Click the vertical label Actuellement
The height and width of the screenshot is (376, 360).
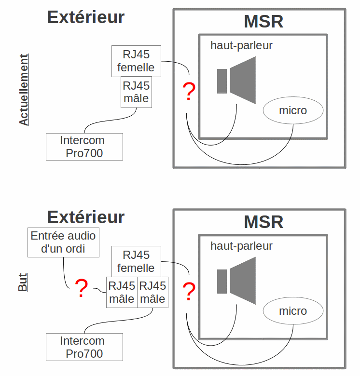click(24, 90)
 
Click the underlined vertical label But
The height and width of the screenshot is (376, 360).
click(23, 282)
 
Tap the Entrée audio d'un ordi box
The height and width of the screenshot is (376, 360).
click(63, 242)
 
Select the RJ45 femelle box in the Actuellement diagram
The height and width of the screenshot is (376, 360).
click(136, 61)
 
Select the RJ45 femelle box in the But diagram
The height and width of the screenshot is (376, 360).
click(136, 261)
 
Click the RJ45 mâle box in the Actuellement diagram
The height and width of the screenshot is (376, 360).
click(136, 92)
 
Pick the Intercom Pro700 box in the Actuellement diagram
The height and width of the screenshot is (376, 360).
click(84, 147)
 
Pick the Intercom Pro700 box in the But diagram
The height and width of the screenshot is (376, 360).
click(84, 347)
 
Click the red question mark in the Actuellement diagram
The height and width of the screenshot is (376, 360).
click(189, 92)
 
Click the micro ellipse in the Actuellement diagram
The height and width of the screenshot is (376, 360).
click(293, 111)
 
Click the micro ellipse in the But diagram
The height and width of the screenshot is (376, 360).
click(293, 311)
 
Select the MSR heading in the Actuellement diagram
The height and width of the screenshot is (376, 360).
click(263, 22)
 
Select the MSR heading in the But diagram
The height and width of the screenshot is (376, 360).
click(263, 222)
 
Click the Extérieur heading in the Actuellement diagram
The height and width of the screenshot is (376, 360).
click(86, 17)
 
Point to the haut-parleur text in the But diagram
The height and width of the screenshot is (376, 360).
click(241, 246)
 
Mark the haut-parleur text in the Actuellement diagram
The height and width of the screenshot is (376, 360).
click(241, 46)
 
